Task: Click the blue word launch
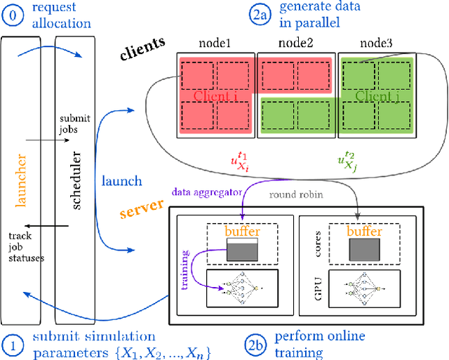point(121,181)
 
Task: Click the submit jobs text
point(70,122)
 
